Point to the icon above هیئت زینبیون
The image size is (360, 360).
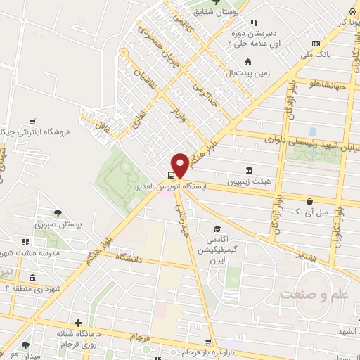250,170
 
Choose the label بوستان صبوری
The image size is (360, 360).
60,226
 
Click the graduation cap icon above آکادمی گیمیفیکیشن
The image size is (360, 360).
218,229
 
